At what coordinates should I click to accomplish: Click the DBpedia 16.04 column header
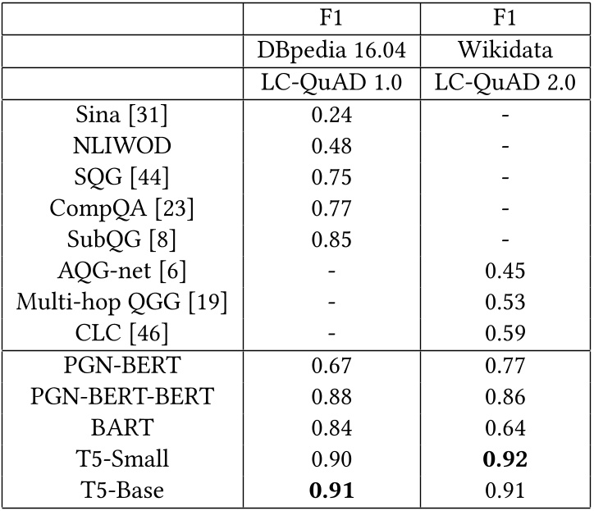[x=331, y=50]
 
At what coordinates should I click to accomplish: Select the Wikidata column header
[x=505, y=50]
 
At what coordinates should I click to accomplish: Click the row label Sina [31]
[x=121, y=116]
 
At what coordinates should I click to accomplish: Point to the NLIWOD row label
[x=121, y=147]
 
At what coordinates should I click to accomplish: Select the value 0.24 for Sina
[x=331, y=116]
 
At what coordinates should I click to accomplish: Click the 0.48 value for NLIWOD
[x=331, y=147]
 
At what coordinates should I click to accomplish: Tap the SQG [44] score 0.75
[x=331, y=178]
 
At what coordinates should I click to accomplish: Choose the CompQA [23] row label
[x=121, y=209]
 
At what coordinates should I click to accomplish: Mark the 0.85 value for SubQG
[x=331, y=240]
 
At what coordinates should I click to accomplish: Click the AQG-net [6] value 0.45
[x=505, y=271]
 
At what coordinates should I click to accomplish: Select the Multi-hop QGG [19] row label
[x=121, y=303]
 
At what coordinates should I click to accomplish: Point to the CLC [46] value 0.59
[x=505, y=334]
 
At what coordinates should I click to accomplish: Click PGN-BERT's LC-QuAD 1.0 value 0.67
[x=331, y=366]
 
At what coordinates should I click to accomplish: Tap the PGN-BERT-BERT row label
[x=121, y=397]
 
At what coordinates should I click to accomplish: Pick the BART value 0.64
[x=505, y=428]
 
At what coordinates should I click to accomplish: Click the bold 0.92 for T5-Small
[x=505, y=459]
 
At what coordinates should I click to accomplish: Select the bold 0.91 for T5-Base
[x=331, y=490]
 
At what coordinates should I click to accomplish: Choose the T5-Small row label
[x=121, y=459]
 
